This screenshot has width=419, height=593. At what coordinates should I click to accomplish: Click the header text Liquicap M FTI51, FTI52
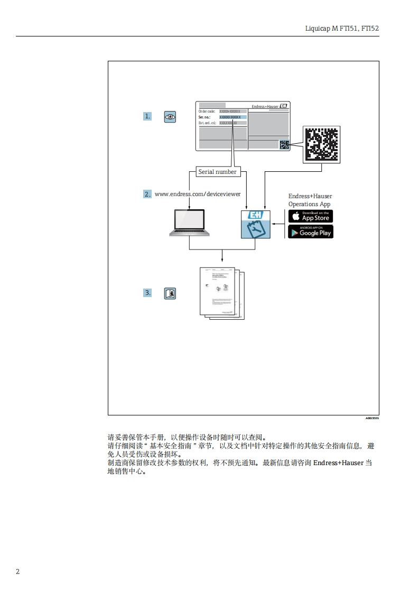click(342, 27)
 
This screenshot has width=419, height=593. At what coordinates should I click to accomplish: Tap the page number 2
click(17, 572)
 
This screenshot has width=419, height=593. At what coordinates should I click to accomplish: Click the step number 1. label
click(147, 116)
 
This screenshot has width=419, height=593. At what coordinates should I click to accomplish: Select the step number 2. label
click(147, 194)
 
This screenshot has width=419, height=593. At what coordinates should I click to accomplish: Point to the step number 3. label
click(147, 292)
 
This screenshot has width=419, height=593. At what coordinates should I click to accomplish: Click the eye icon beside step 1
click(170, 117)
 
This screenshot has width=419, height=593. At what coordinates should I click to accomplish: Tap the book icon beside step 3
click(170, 293)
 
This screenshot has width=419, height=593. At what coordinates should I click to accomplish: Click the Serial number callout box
click(218, 172)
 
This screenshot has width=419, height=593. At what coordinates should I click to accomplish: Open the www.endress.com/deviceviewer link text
click(198, 194)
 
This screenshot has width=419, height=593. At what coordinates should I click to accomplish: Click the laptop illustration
click(190, 223)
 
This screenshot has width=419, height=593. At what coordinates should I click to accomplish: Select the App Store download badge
click(310, 216)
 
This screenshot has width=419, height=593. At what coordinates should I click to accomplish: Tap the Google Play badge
click(310, 231)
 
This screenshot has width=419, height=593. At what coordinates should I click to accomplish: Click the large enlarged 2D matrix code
click(322, 144)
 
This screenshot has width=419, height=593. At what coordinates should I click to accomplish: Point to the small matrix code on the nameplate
click(284, 144)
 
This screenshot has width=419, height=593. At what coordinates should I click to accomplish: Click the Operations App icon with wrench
click(256, 224)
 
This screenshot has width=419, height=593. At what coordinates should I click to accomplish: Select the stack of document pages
click(222, 293)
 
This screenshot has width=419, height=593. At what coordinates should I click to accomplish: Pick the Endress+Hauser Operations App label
click(310, 200)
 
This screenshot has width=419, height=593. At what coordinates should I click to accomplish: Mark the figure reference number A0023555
click(372, 418)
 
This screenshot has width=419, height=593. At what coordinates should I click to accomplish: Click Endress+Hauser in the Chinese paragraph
click(338, 462)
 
